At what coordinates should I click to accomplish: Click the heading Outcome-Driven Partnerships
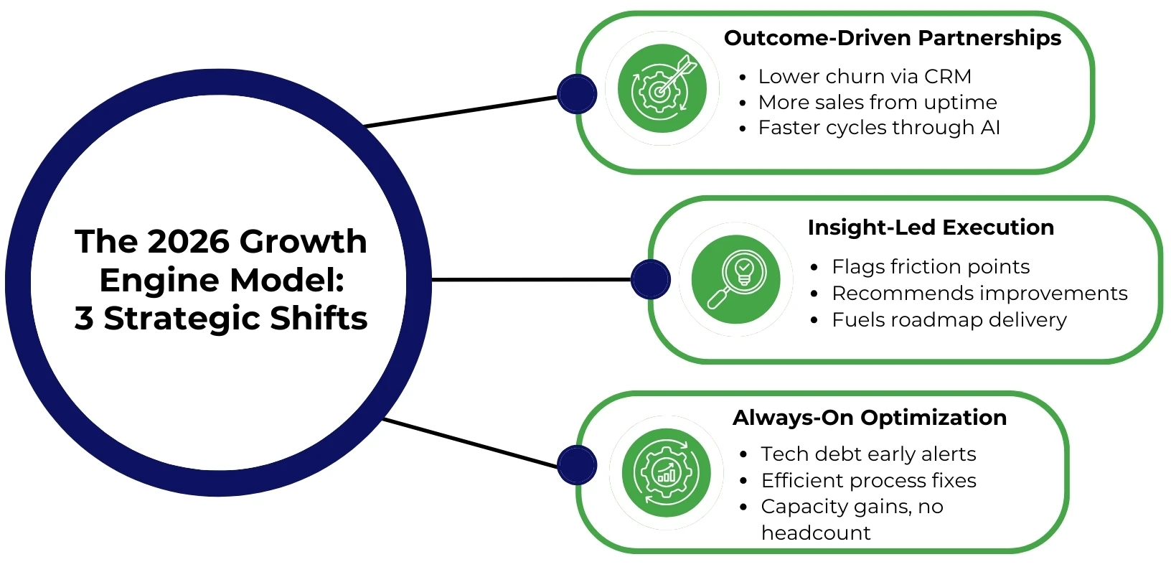click(x=892, y=38)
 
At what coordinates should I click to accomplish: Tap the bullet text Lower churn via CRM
click(x=864, y=76)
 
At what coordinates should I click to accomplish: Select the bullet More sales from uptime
click(x=877, y=102)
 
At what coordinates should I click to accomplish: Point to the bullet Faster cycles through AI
click(x=878, y=128)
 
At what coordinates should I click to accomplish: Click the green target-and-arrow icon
click(x=662, y=88)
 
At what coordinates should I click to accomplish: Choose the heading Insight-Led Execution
click(x=931, y=228)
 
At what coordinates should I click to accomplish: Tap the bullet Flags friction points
click(x=930, y=267)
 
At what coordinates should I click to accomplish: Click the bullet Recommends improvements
click(x=979, y=294)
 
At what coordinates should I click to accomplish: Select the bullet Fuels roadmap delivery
click(x=949, y=320)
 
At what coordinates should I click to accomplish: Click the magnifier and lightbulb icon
click(x=735, y=279)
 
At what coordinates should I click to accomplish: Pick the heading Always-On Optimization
click(x=869, y=418)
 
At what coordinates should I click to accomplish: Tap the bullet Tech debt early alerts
click(x=868, y=454)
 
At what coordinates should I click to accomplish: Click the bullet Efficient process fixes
click(x=868, y=480)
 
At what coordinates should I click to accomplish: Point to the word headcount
click(x=815, y=533)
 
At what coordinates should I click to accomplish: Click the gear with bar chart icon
click(x=667, y=472)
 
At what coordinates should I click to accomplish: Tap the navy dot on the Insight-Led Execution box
click(x=650, y=279)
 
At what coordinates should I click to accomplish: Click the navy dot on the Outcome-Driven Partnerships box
click(x=577, y=94)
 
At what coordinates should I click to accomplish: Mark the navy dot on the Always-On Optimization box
click(x=577, y=464)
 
